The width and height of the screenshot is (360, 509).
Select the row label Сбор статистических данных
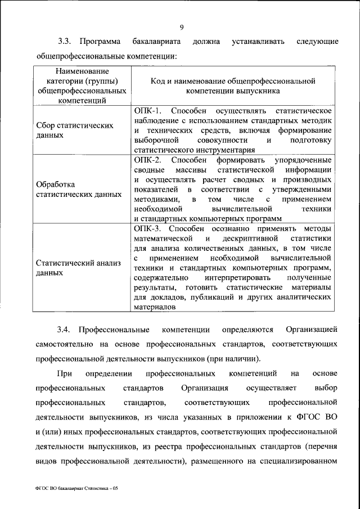75,130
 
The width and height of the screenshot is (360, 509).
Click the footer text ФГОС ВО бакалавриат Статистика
76,489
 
